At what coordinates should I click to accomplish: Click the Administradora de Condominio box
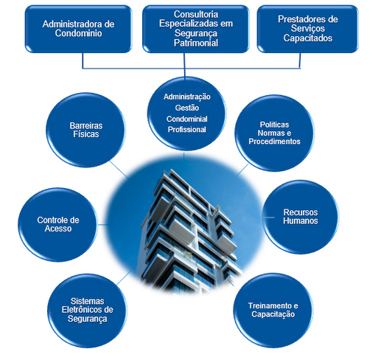(78, 29)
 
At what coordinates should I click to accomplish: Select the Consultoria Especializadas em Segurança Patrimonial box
(196, 29)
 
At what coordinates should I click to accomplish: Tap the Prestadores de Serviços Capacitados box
(308, 29)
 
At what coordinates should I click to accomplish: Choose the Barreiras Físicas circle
(85, 130)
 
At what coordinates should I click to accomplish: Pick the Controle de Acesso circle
(58, 224)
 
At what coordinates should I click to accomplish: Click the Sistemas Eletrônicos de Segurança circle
(87, 311)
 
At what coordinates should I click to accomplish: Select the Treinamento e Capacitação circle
(273, 311)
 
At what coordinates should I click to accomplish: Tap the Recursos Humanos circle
(300, 217)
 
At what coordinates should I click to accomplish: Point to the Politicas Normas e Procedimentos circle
(274, 133)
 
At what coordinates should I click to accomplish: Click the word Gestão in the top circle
(187, 108)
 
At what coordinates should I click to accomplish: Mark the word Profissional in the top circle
(187, 130)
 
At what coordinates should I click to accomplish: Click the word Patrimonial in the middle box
(196, 43)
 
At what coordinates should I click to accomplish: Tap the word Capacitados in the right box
(308, 38)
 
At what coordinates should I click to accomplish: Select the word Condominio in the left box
(78, 33)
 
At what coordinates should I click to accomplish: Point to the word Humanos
(301, 221)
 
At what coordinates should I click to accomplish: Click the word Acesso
(58, 229)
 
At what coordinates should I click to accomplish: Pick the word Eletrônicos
(80, 310)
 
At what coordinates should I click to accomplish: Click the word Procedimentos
(274, 142)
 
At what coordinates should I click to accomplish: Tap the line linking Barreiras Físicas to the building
(119, 170)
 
